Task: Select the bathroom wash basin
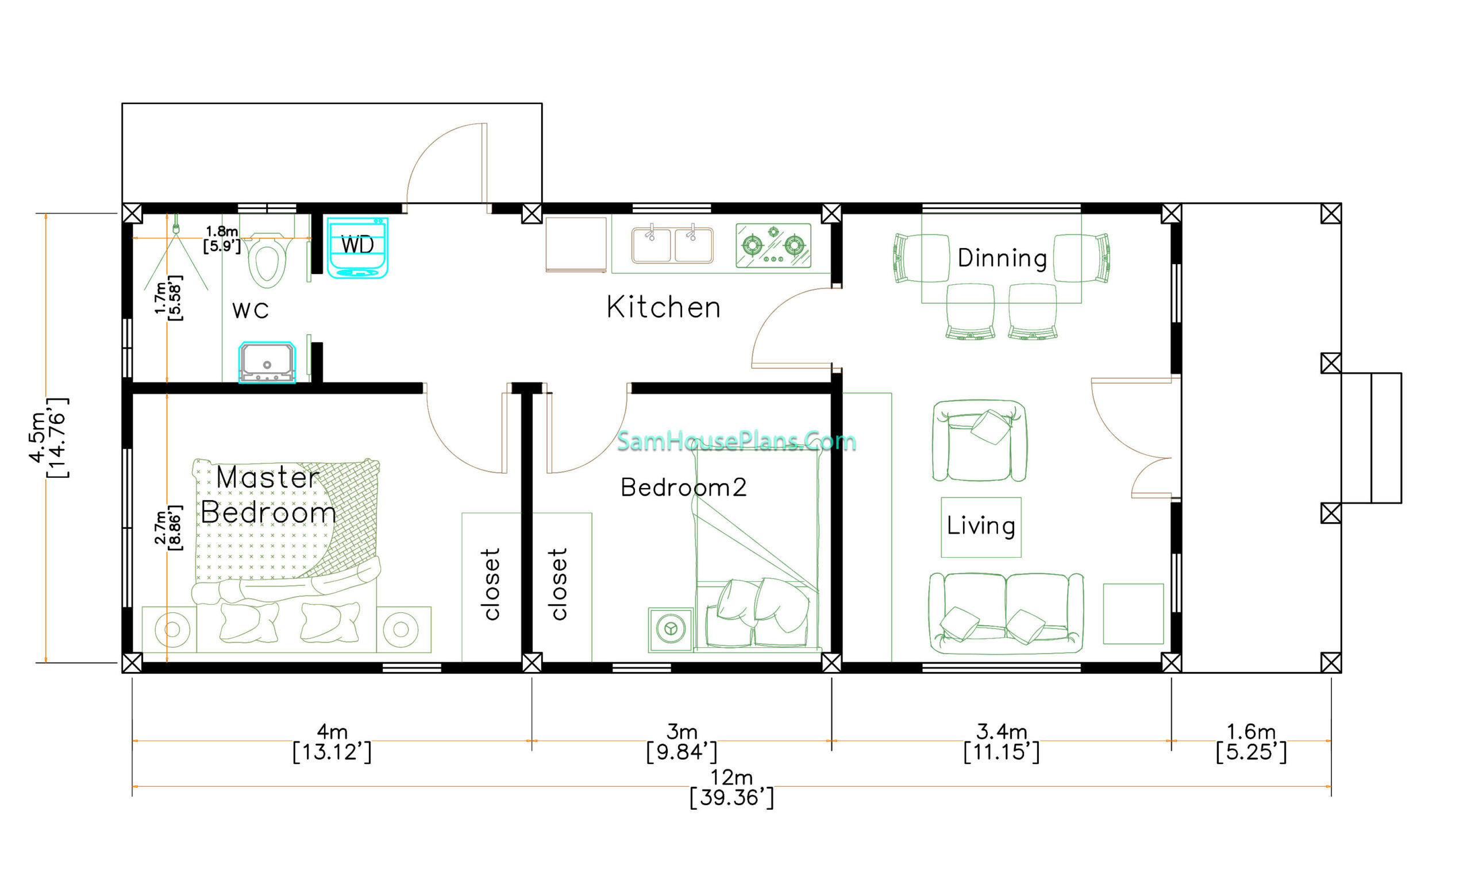(x=267, y=362)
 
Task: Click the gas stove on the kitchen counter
(x=773, y=245)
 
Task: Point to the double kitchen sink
(x=672, y=244)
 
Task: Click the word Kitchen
(x=663, y=307)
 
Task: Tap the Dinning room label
(x=1002, y=258)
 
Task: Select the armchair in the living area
(x=979, y=440)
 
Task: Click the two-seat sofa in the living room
(x=1006, y=613)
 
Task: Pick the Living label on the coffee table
(x=980, y=526)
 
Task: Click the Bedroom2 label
(x=683, y=488)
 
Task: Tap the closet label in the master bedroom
(x=492, y=584)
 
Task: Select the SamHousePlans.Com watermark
(x=737, y=441)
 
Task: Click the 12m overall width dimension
(x=731, y=787)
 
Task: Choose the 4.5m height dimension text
(x=48, y=438)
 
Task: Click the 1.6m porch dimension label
(x=1251, y=741)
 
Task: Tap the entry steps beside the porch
(x=1372, y=438)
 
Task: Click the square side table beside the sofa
(x=1133, y=614)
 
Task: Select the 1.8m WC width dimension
(x=222, y=239)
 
